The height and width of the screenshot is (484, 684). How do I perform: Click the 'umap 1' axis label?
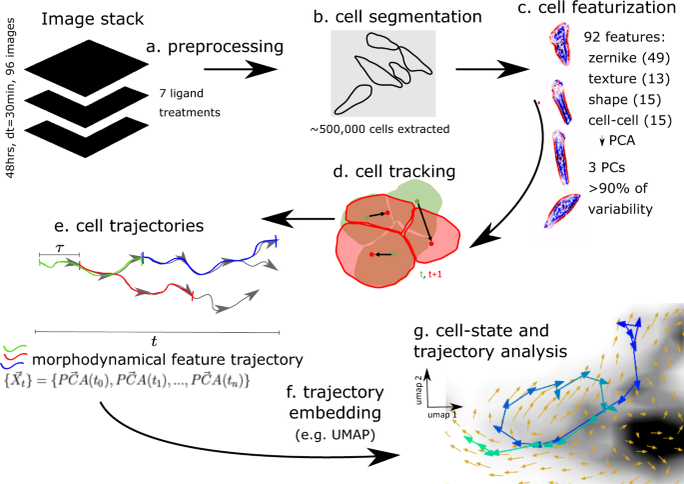pyautogui.click(x=438, y=410)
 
